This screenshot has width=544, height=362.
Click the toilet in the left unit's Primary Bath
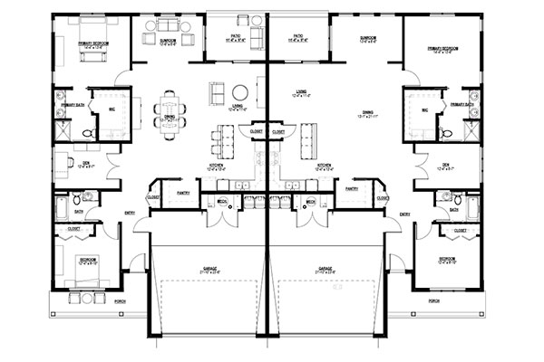point(88,132)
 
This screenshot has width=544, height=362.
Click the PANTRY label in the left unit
point(182,191)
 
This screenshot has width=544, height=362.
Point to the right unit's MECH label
point(310,201)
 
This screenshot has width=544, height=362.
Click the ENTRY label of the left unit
point(130,214)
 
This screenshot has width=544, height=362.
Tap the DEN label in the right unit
point(446,164)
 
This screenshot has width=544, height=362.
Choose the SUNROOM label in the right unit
point(367,39)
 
